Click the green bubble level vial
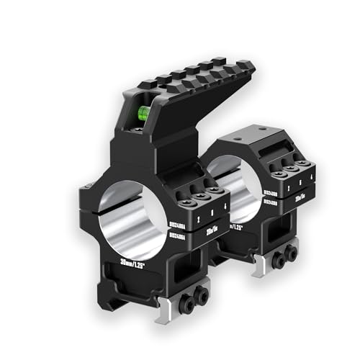tap(143, 112)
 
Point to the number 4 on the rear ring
tap(307, 184)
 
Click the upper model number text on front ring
tap(176, 225)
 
